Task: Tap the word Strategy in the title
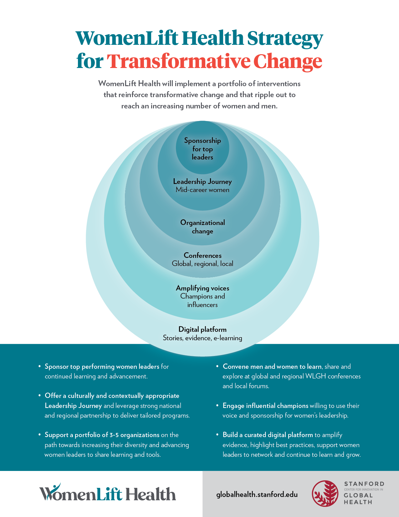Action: point(285,39)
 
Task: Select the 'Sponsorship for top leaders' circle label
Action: point(202,149)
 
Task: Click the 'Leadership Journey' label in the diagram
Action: point(202,182)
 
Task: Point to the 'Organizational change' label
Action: point(202,227)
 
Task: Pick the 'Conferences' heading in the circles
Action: point(202,255)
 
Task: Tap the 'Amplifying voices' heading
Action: point(202,288)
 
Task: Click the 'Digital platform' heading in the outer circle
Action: point(202,329)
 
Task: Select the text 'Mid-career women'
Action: point(202,190)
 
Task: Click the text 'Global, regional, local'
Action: point(202,264)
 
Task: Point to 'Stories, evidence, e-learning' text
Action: point(202,338)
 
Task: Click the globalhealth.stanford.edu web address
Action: point(257,494)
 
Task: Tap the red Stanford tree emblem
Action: point(325,494)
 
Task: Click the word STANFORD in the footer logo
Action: point(364,484)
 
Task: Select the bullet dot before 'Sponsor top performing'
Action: point(40,366)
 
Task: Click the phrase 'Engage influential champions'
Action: point(265,406)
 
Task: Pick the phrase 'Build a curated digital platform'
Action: point(268,435)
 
